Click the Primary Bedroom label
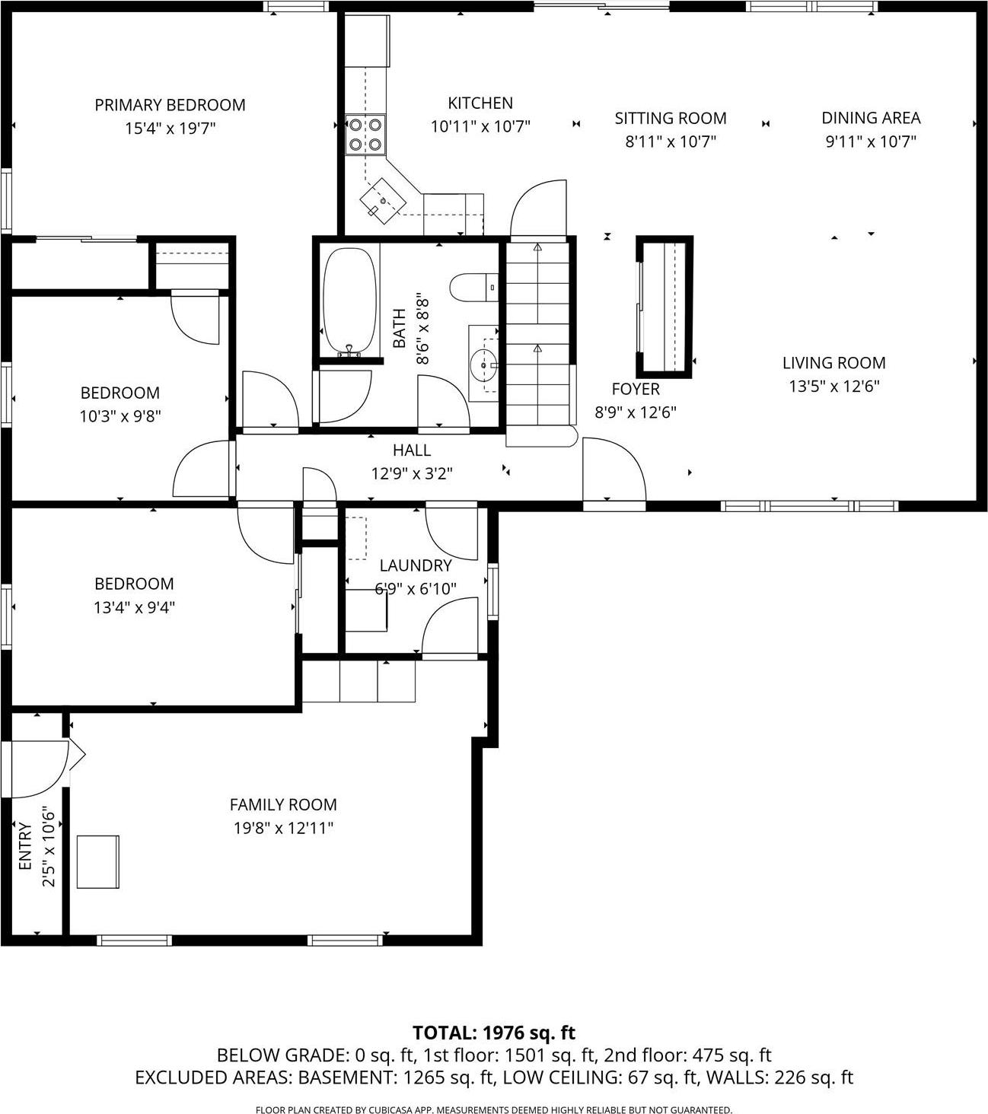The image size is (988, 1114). coord(170,105)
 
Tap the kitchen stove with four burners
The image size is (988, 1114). coord(365,134)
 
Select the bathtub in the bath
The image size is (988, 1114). coord(350,302)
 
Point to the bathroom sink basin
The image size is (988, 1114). coord(483,364)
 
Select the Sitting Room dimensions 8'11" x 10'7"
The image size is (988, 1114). coord(671,142)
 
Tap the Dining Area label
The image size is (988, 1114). coord(871,118)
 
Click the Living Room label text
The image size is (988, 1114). coord(833,363)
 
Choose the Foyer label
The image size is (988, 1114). coord(636,389)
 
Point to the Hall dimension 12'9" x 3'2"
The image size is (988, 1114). coord(412,473)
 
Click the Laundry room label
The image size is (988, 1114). coord(416,565)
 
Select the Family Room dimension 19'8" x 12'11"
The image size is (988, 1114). coord(283,828)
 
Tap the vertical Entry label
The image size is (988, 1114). coord(25,846)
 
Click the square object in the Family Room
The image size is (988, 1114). coord(98,861)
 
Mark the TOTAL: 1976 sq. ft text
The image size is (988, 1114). coord(493,1033)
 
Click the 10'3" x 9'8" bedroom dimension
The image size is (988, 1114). coord(120,416)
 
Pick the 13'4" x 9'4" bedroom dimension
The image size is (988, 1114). coord(134,607)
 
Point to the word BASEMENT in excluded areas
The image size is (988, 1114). coord(347,1077)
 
